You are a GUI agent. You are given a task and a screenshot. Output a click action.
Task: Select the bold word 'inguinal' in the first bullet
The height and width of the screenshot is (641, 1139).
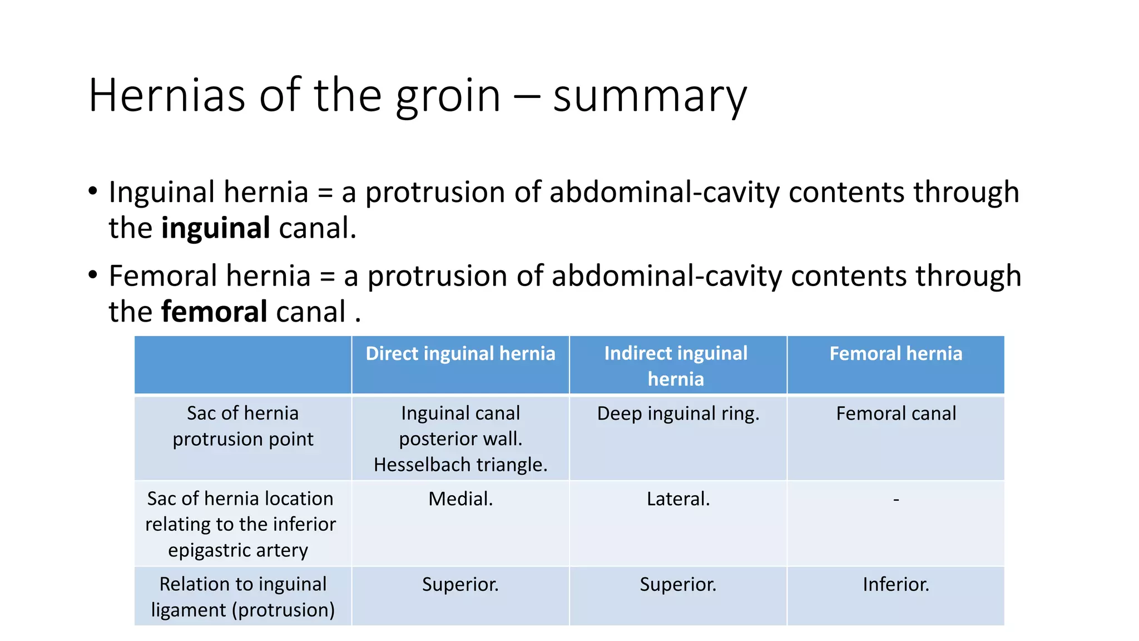click(216, 228)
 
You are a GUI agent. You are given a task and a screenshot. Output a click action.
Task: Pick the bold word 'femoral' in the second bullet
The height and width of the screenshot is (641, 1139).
click(215, 312)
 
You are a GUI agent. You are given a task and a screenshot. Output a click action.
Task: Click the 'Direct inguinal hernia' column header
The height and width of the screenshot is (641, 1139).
click(460, 354)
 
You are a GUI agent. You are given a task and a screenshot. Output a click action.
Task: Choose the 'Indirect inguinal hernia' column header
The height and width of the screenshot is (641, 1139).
click(676, 366)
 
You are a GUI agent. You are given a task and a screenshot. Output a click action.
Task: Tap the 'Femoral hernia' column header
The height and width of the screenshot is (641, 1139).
click(895, 354)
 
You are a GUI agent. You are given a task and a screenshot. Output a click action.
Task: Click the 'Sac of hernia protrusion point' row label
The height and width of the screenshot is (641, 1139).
click(243, 426)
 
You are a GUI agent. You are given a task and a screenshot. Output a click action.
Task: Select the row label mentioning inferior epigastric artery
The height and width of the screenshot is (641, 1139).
click(240, 524)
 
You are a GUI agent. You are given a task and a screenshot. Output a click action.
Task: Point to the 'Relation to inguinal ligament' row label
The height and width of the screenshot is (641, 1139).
click(243, 596)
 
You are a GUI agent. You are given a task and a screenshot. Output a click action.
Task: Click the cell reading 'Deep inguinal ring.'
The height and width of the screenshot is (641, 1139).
click(678, 414)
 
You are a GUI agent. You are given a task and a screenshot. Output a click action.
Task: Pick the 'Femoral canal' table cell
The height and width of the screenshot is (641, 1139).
click(895, 414)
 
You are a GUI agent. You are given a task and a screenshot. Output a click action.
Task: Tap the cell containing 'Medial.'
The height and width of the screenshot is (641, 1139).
click(460, 499)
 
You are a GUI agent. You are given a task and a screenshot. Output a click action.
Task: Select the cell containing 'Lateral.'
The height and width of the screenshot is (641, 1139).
click(678, 499)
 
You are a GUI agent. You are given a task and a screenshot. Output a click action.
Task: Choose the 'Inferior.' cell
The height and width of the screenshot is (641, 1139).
click(895, 584)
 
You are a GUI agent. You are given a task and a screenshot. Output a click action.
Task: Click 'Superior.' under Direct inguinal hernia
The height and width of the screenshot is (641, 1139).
click(460, 584)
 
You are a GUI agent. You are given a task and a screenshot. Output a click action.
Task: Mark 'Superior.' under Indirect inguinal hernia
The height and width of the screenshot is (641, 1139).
click(678, 584)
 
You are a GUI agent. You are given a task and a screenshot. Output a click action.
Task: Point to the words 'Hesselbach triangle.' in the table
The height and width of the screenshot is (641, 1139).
click(460, 465)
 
